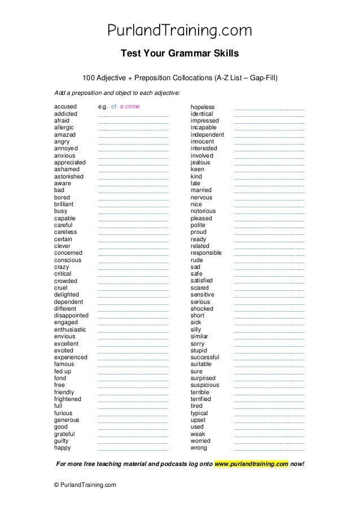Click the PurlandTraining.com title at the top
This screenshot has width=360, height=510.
[180, 30]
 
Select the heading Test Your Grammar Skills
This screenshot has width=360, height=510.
[180, 54]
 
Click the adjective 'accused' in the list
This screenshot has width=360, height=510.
[65, 107]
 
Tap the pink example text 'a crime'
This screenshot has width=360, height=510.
[130, 107]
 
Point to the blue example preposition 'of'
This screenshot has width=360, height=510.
[113, 107]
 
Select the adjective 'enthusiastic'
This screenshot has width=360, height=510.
[70, 329]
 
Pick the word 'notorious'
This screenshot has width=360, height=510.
[203, 211]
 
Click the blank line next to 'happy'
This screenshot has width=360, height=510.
[133, 450]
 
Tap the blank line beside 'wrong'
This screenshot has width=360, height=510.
[269, 450]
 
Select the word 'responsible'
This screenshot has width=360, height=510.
[206, 253]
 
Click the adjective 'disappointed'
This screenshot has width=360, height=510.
[71, 316]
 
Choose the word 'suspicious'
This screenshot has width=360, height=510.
[205, 385]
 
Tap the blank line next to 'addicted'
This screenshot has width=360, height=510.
[133, 115]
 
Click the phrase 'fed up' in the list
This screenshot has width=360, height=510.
[63, 372]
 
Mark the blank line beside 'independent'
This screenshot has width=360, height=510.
[269, 136]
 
